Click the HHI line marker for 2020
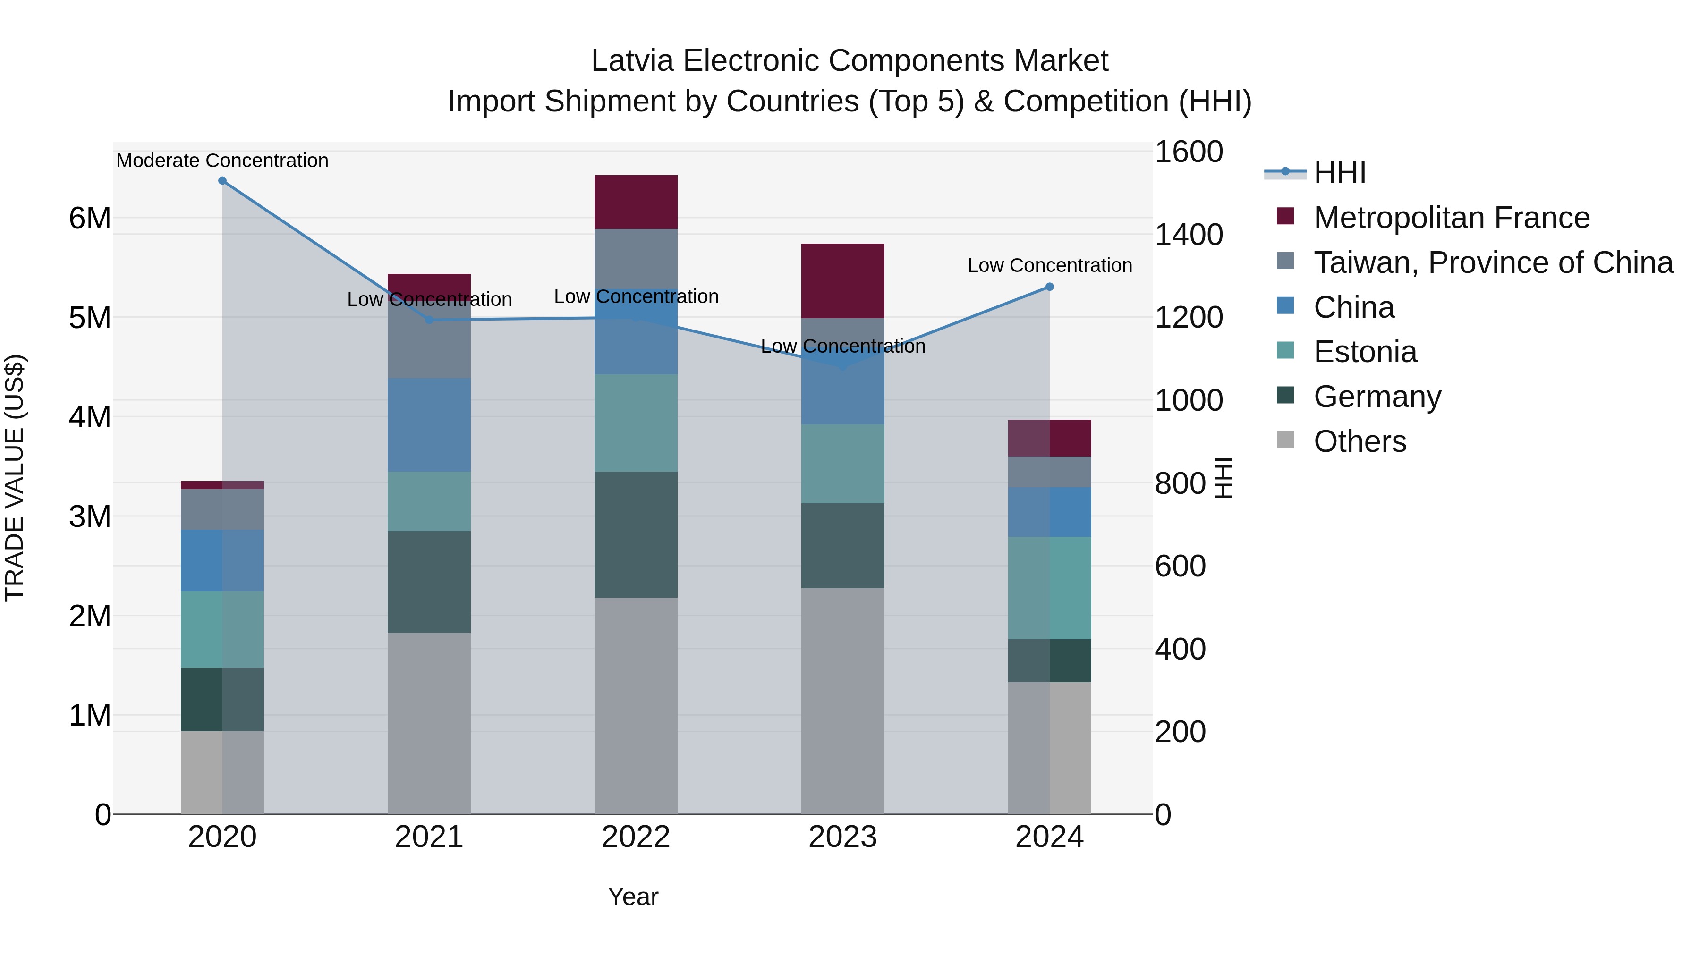(x=222, y=181)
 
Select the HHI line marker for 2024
(x=1049, y=287)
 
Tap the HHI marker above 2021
(x=429, y=320)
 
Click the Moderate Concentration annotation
(x=222, y=161)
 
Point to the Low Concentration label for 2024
(x=1049, y=265)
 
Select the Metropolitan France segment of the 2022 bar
(x=636, y=202)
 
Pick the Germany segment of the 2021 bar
(x=429, y=582)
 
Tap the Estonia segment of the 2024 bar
(x=1049, y=588)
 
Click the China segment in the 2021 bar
(x=429, y=425)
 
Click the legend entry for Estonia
(x=1365, y=352)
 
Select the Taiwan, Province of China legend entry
(x=1493, y=262)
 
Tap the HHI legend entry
(x=1339, y=173)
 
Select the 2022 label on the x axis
(x=636, y=837)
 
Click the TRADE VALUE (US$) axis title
(x=15, y=478)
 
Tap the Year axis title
(x=633, y=897)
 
